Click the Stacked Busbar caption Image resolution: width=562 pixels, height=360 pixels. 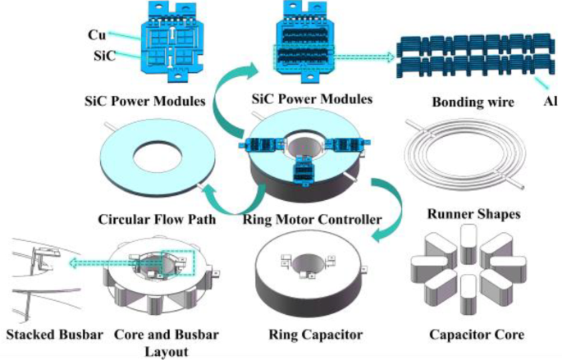pos(46,334)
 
